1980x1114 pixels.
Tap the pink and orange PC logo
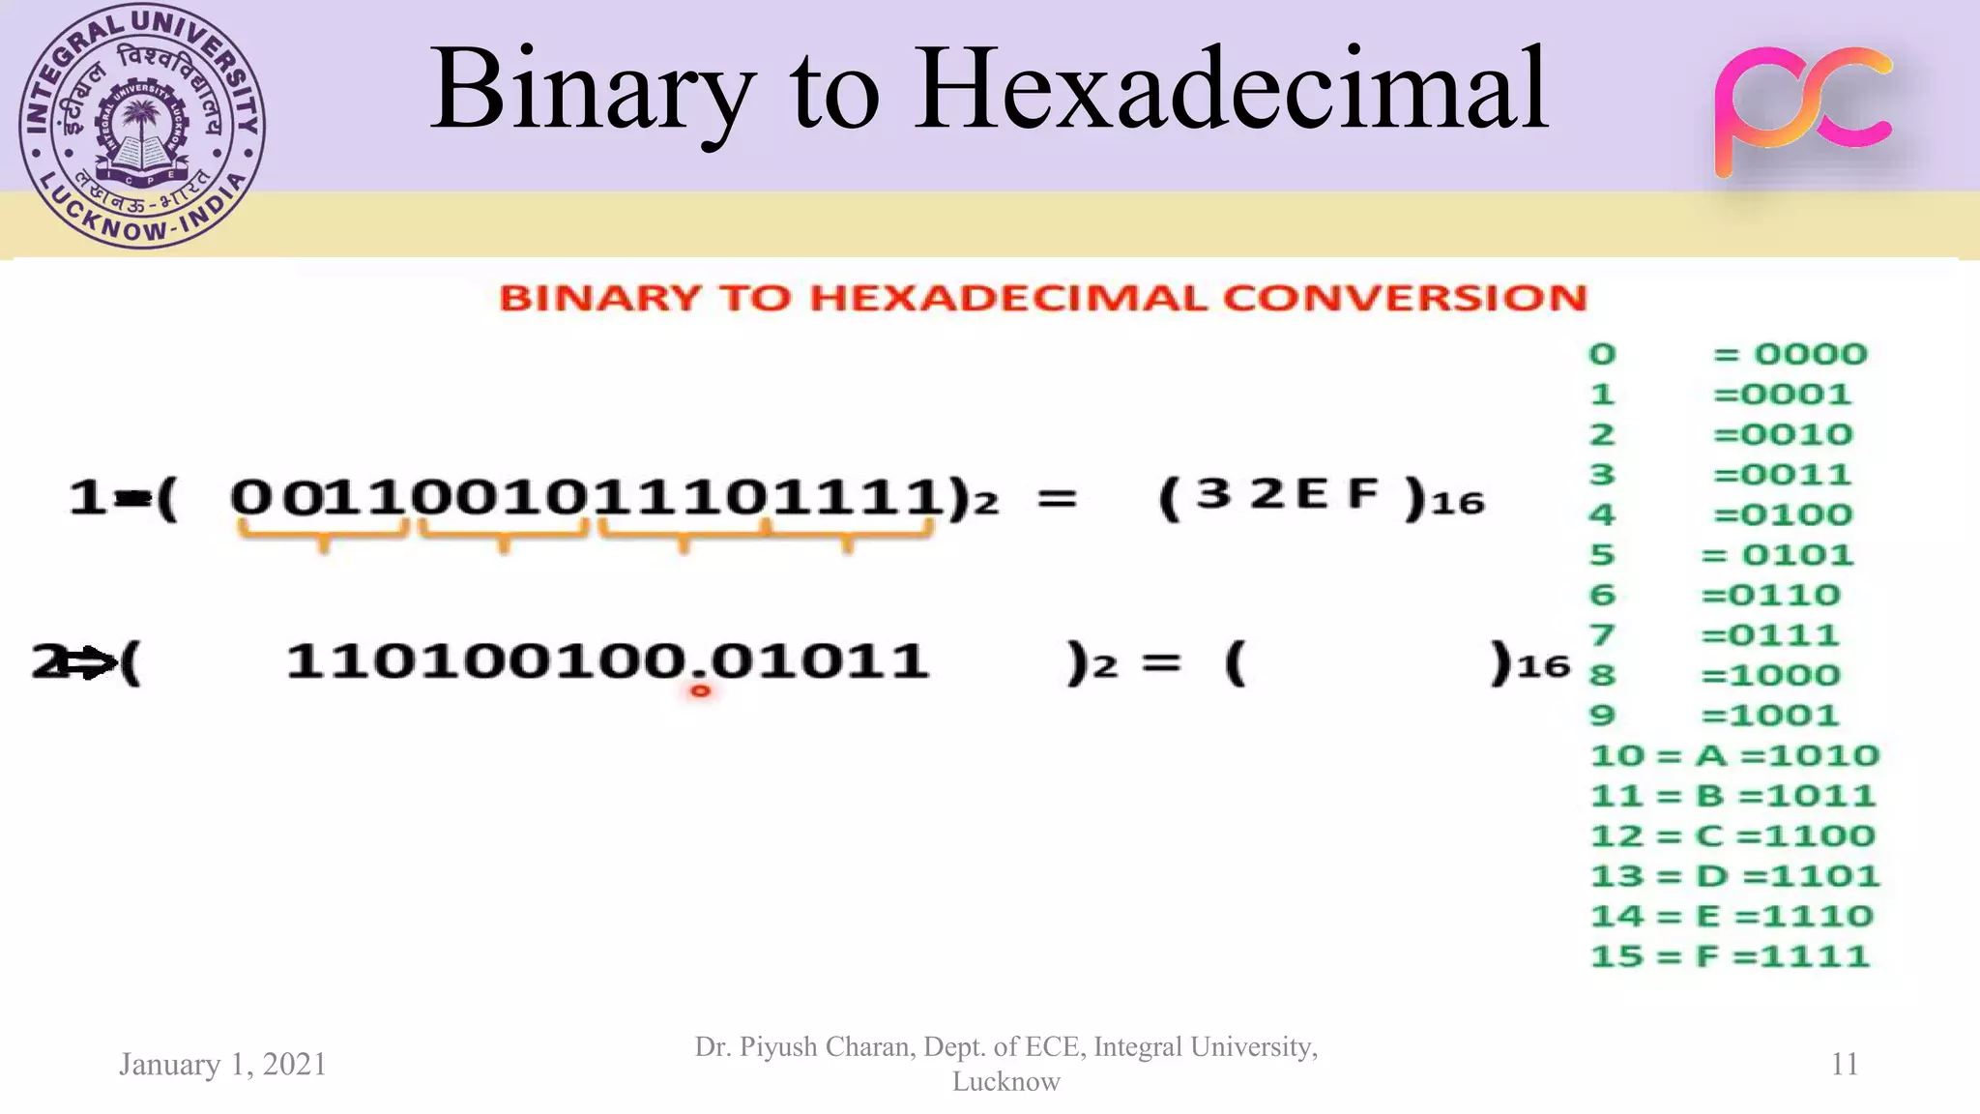[x=1804, y=110]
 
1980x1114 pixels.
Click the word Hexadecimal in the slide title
[x=1232, y=89]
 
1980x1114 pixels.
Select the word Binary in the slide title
[x=592, y=89]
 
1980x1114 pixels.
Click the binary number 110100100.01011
[x=607, y=661]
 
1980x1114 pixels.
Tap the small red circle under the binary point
[x=700, y=690]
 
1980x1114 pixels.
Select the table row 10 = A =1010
[x=1734, y=755]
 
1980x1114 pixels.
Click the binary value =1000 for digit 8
[x=1770, y=675]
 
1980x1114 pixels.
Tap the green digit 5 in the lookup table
[x=1602, y=555]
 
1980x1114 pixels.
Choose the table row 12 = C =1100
[x=1732, y=835]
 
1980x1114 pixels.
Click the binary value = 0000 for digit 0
[x=1790, y=354]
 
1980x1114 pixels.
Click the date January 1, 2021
[x=222, y=1064]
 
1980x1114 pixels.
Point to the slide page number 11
[x=1844, y=1064]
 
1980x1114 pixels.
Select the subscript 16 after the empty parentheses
[x=1543, y=666]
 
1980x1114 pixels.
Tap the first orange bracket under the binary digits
[x=323, y=534]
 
